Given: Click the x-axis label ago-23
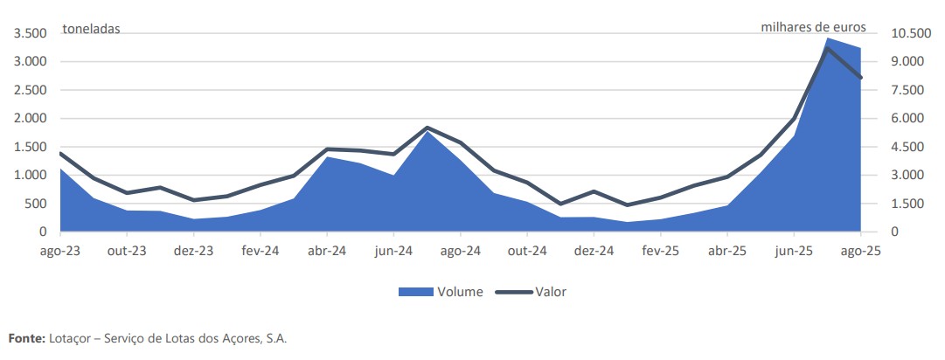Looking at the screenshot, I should pos(60,250).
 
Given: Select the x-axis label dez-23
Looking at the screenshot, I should pos(194,250).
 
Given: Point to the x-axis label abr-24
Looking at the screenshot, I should pos(327,250).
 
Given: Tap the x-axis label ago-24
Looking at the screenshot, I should pos(461,250).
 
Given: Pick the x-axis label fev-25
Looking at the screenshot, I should pos(660,250).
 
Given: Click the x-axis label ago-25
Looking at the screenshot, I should pos(860,250).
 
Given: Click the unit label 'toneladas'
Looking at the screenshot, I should pos(91,29).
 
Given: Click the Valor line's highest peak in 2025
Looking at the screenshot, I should pos(827,49).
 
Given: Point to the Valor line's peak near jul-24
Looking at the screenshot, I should pos(427,128).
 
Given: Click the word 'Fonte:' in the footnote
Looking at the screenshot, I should pos(24,337).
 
